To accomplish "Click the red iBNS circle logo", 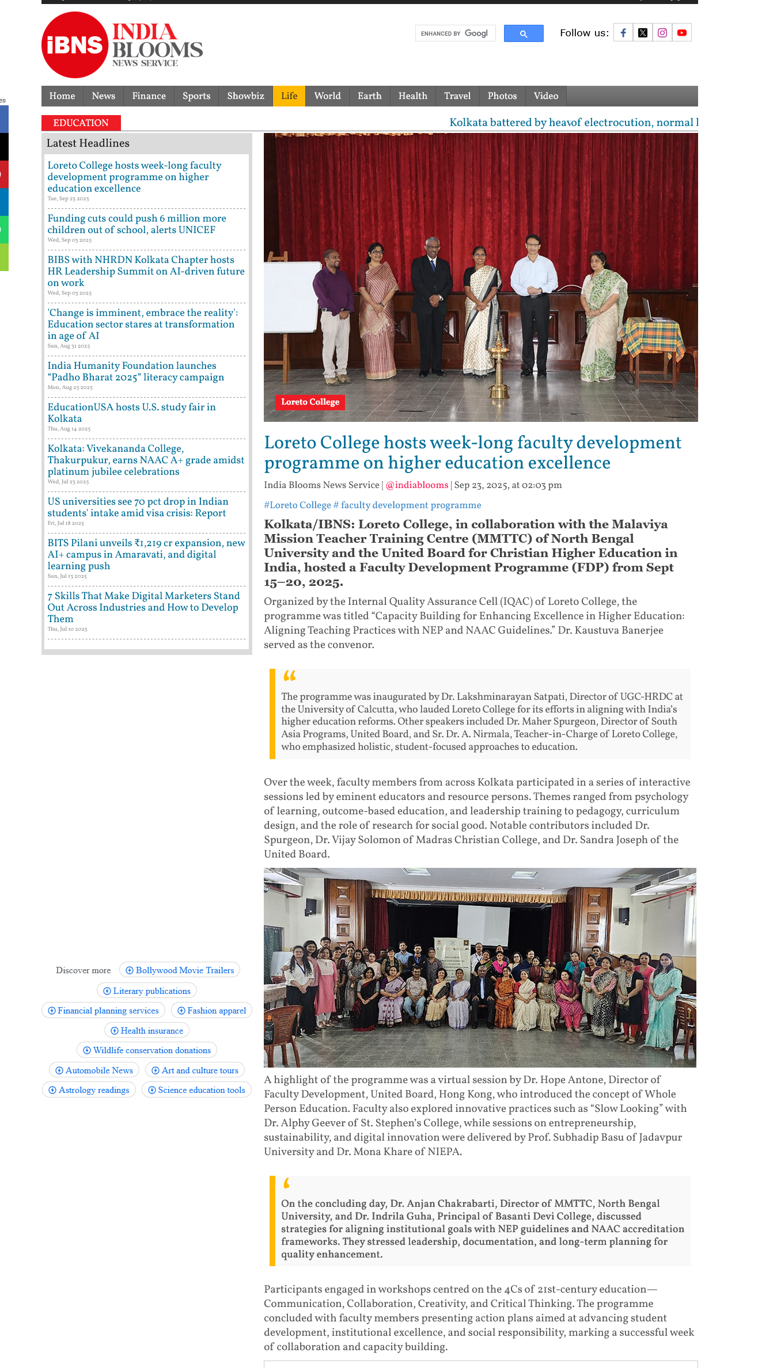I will (x=75, y=45).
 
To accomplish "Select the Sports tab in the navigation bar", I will (x=196, y=96).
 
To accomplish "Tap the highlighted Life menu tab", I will (x=289, y=96).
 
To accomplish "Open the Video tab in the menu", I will (x=545, y=96).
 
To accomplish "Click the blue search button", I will (x=523, y=33).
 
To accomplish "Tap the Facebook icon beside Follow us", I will (x=623, y=33).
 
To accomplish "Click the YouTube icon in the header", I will (x=681, y=33).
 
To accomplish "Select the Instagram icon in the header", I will (x=662, y=33).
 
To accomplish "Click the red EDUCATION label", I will (x=81, y=123).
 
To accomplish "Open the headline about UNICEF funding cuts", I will (x=137, y=224).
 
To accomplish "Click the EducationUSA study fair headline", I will (x=131, y=413).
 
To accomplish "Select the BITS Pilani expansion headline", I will (x=146, y=554).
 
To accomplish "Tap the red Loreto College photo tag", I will (x=310, y=402).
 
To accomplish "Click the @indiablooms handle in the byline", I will (x=416, y=485).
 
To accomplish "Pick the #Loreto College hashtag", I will (x=297, y=505).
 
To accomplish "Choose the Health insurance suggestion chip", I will (x=147, y=1031).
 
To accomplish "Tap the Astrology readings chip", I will (x=89, y=1090).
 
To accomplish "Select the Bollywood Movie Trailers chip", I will (x=180, y=970).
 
